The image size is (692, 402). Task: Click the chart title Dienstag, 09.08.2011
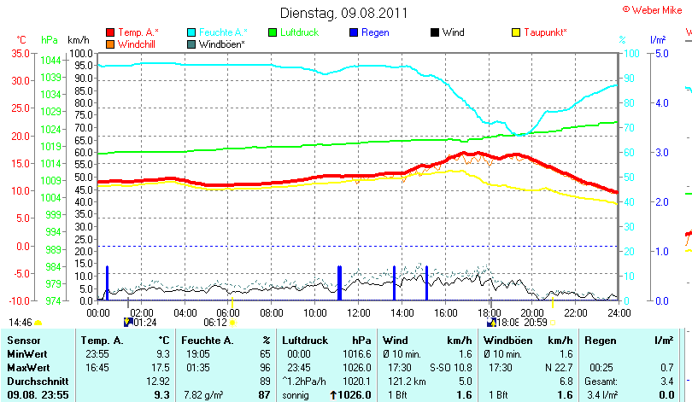tap(343, 13)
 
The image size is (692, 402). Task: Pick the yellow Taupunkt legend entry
tap(544, 32)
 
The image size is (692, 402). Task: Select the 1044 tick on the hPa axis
tap(50, 60)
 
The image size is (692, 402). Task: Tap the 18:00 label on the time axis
tap(489, 313)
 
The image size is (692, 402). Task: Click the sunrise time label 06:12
tap(214, 323)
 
